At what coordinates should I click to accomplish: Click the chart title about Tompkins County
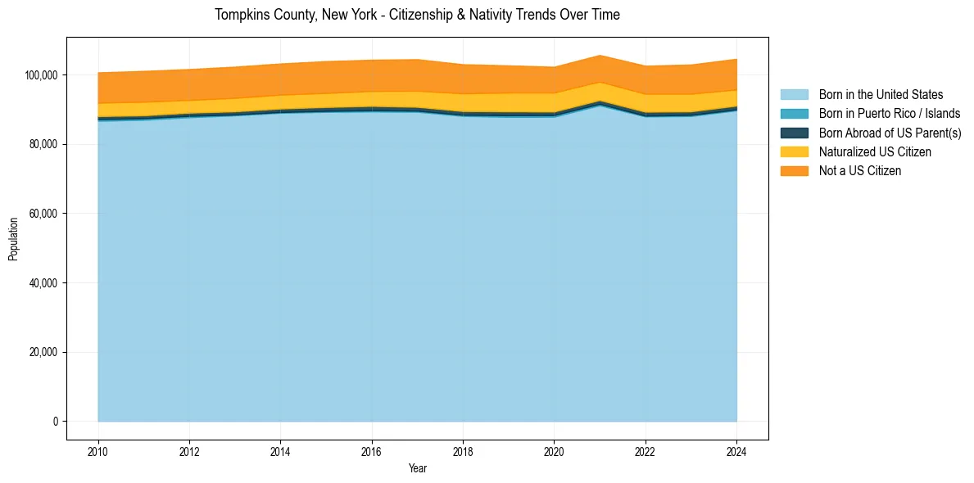pyautogui.click(x=417, y=15)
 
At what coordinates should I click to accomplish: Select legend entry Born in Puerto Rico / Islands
pyautogui.click(x=889, y=114)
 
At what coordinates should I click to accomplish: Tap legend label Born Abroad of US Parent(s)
pyautogui.click(x=890, y=133)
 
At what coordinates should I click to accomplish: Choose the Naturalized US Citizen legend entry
pyautogui.click(x=875, y=151)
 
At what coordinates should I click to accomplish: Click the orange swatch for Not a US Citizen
pyautogui.click(x=794, y=170)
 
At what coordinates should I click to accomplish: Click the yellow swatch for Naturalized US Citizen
pyautogui.click(x=794, y=151)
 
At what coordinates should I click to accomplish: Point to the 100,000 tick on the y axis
pyautogui.click(x=42, y=75)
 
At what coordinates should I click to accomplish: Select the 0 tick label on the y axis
pyautogui.click(x=56, y=422)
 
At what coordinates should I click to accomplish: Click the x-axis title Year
pyautogui.click(x=417, y=468)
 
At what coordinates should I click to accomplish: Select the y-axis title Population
pyautogui.click(x=13, y=238)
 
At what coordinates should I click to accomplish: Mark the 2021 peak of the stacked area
pyautogui.click(x=600, y=56)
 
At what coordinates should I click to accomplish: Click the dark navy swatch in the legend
pyautogui.click(x=794, y=133)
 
